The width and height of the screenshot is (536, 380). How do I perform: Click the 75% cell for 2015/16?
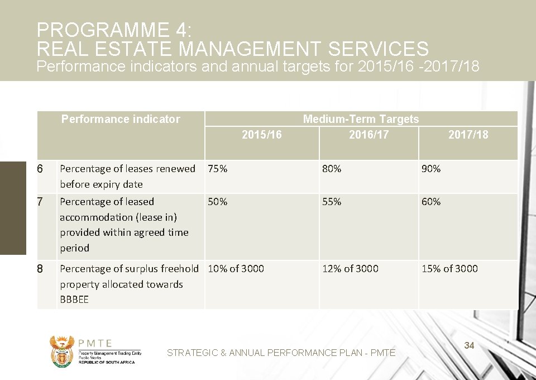tap(218, 169)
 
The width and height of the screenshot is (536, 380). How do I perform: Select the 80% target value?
tap(332, 169)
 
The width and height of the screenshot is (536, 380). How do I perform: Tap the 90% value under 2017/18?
tap(431, 169)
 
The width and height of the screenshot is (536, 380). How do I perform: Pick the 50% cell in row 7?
tap(218, 202)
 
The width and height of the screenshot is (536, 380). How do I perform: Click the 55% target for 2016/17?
tap(332, 202)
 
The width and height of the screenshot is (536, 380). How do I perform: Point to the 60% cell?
tap(431, 202)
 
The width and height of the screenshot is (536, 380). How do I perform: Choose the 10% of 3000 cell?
tap(236, 269)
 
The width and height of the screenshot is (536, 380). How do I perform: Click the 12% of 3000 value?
tap(350, 269)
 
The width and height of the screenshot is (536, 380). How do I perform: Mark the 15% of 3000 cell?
tap(449, 269)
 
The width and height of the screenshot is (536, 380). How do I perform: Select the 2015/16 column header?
tap(261, 135)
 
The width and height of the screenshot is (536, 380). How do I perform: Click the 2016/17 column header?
tap(368, 135)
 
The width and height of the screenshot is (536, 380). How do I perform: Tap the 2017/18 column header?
tap(468, 135)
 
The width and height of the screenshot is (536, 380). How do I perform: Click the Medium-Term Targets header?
tap(361, 119)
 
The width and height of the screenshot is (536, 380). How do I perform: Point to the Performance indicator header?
tap(121, 119)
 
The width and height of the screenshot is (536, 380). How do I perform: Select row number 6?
tap(40, 169)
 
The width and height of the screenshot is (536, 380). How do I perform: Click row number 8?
tap(40, 269)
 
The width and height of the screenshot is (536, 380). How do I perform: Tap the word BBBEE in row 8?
tap(74, 300)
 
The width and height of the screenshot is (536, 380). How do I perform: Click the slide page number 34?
tap(469, 346)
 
